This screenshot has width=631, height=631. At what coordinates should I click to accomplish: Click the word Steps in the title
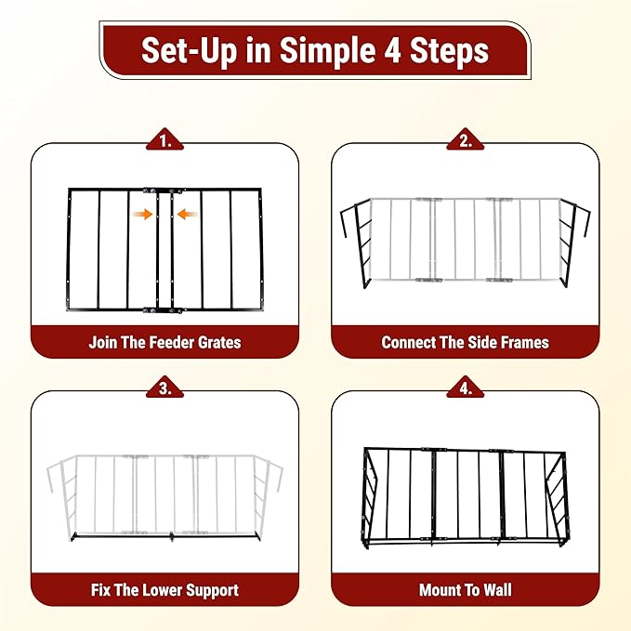pyautogui.click(x=449, y=51)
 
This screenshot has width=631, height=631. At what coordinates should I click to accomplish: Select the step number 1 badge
pyautogui.click(x=165, y=141)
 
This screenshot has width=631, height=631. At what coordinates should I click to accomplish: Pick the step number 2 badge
pyautogui.click(x=466, y=141)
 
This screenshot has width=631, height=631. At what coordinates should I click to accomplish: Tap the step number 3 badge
pyautogui.click(x=165, y=388)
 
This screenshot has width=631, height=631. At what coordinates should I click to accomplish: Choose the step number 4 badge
pyautogui.click(x=466, y=388)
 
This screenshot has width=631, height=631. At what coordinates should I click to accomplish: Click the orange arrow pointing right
pyautogui.click(x=142, y=215)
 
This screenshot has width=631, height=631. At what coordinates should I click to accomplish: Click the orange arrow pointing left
pyautogui.click(x=188, y=215)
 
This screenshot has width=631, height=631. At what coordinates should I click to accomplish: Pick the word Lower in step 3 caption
pyautogui.click(x=163, y=590)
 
